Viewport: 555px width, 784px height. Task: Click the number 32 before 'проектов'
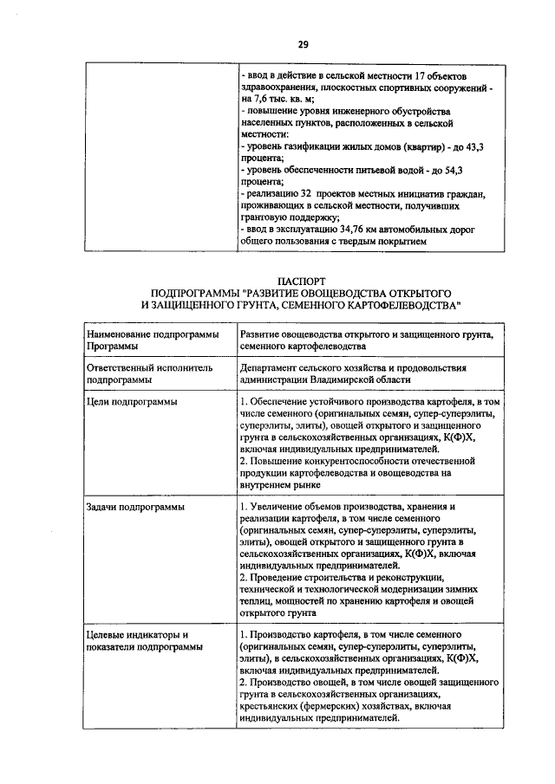click(301, 197)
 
